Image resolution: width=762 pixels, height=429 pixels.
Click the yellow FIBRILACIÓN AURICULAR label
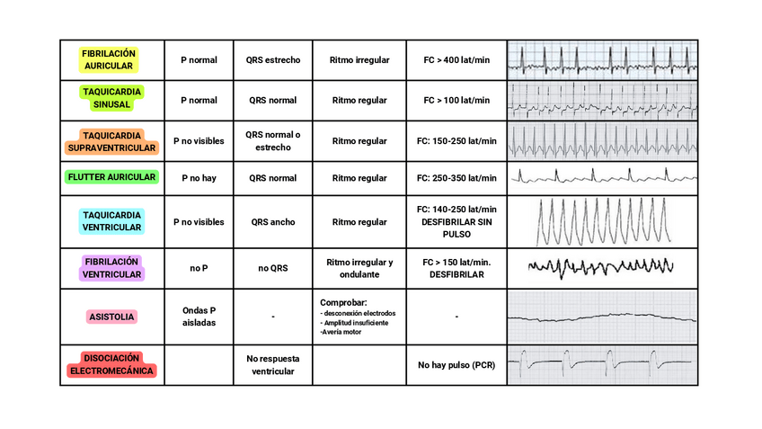click(x=109, y=59)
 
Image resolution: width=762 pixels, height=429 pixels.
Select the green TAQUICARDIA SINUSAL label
click(x=111, y=98)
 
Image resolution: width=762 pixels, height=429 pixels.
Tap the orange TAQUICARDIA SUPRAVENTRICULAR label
click(x=111, y=140)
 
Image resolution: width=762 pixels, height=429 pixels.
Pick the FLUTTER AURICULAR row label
click(x=111, y=177)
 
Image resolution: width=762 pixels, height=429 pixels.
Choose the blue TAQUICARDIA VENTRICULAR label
click(x=111, y=221)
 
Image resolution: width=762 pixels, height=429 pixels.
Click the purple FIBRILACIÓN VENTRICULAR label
click(x=111, y=268)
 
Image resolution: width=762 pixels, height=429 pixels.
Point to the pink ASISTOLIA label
click(x=111, y=317)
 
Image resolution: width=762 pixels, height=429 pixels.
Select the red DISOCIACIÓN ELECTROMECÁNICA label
click(x=111, y=364)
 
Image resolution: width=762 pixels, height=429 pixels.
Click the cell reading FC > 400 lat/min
click(x=456, y=60)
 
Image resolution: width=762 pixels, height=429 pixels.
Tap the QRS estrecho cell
click(x=272, y=60)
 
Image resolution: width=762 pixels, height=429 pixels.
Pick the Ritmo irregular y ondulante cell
click(x=359, y=268)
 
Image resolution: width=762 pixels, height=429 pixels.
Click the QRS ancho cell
click(x=272, y=222)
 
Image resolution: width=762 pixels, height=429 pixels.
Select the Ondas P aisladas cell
click(x=199, y=317)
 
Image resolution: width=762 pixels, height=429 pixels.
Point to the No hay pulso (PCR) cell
click(x=456, y=365)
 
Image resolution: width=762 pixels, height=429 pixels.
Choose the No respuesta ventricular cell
click(x=272, y=364)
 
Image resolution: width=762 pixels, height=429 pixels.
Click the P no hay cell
click(x=199, y=178)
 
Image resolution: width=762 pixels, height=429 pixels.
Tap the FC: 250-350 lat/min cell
click(x=456, y=178)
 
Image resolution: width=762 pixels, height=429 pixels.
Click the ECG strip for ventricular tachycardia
click(x=602, y=222)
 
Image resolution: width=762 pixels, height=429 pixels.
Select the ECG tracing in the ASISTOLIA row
click(x=602, y=317)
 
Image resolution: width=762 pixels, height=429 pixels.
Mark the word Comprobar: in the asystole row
click(x=342, y=303)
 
